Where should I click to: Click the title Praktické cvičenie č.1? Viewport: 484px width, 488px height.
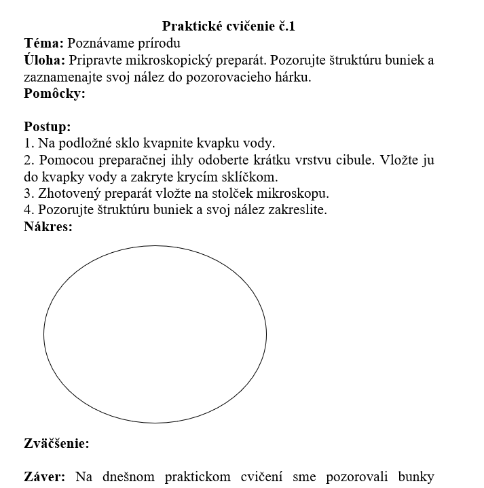click(x=229, y=27)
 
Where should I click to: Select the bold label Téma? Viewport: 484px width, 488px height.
click(x=44, y=43)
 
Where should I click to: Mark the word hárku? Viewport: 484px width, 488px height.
click(x=293, y=77)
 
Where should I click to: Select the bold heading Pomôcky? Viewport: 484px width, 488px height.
click(x=54, y=94)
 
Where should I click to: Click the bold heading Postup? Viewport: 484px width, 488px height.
click(x=48, y=126)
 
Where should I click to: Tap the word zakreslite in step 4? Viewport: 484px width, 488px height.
click(x=297, y=210)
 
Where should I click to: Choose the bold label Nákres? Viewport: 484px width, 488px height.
click(x=48, y=226)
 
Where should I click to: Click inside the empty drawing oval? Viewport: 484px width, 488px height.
click(x=155, y=334)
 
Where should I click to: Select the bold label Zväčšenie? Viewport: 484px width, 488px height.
click(x=56, y=444)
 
